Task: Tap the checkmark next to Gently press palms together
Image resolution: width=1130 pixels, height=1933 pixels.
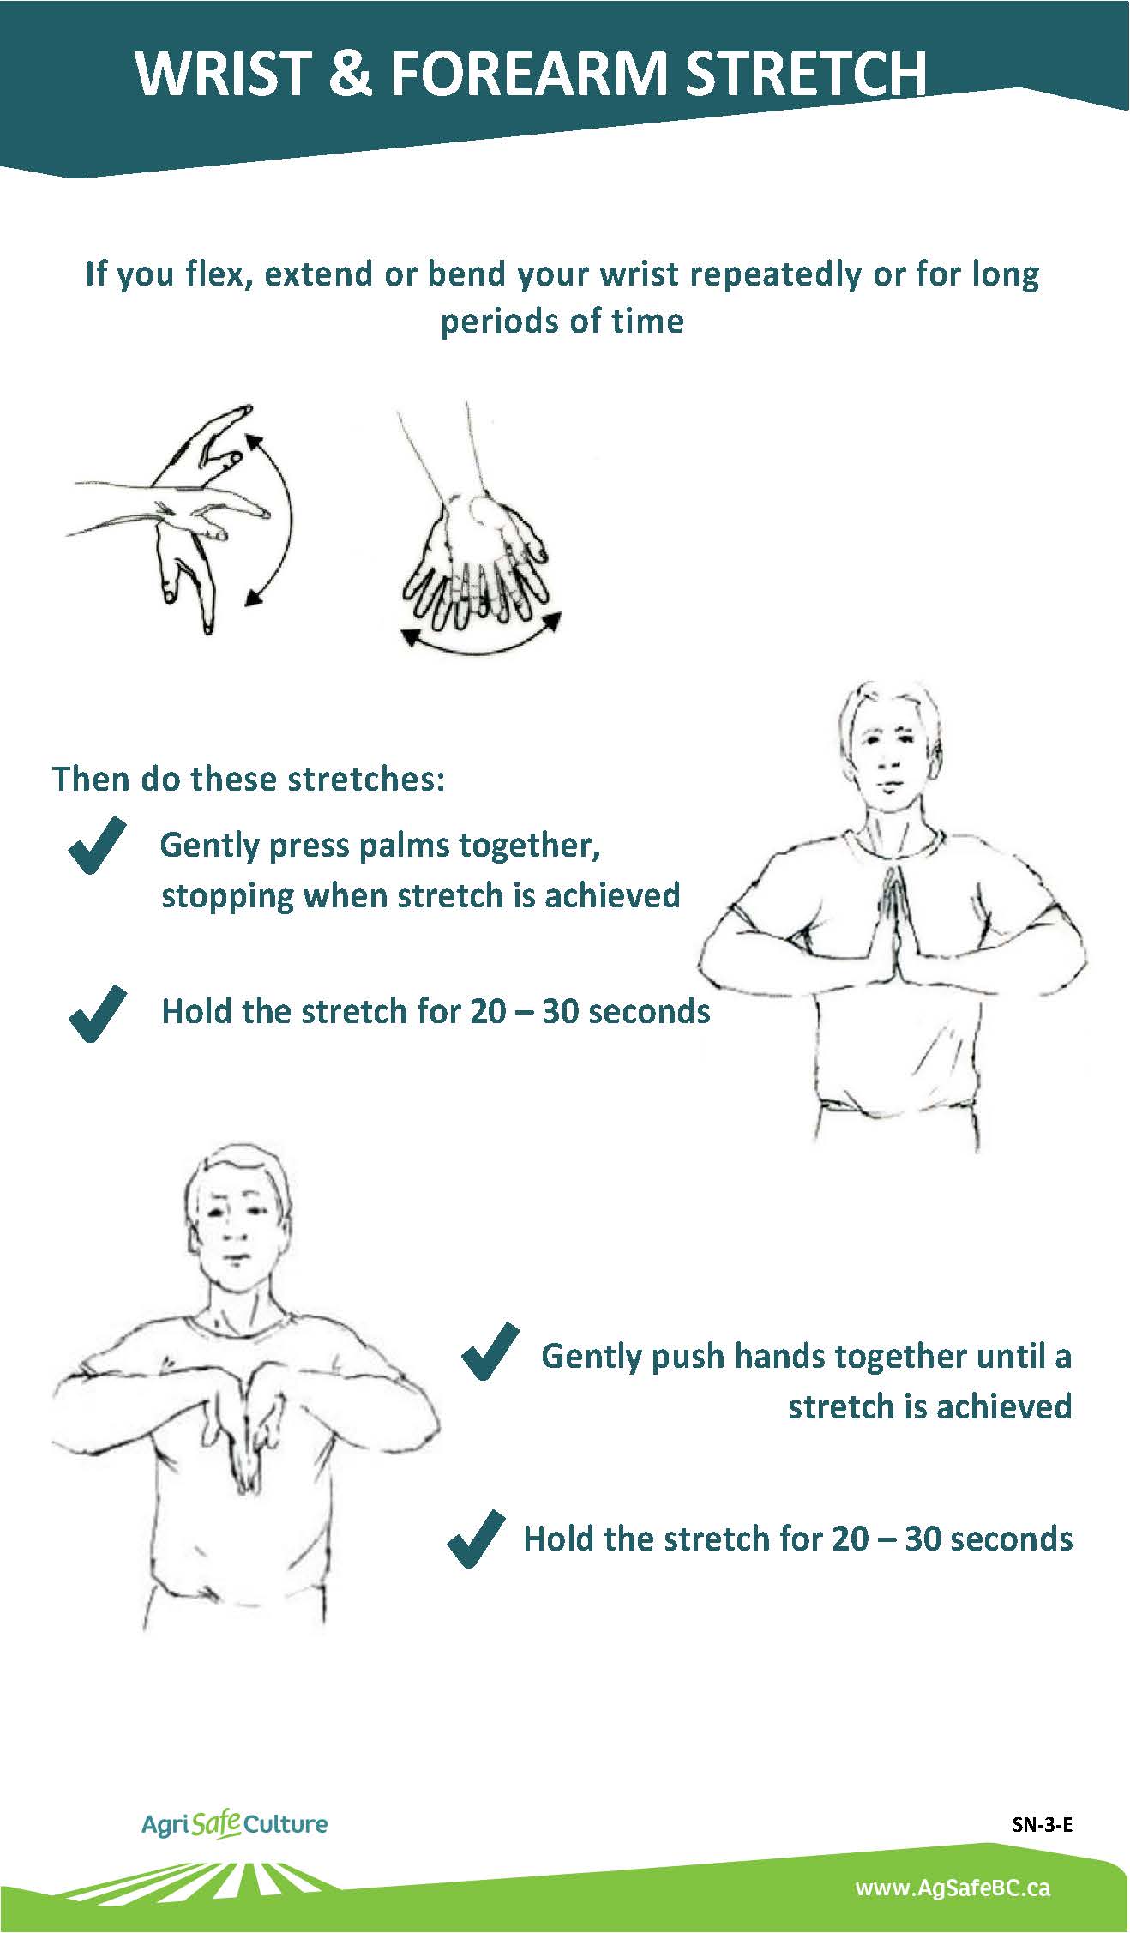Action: (97, 846)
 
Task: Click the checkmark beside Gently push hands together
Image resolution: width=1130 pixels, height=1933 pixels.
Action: (490, 1352)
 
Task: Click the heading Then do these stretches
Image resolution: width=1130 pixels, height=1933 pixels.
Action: (249, 779)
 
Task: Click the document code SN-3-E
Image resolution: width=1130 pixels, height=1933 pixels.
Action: (1042, 1824)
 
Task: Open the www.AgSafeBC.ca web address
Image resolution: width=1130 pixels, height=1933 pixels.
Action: (953, 1888)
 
